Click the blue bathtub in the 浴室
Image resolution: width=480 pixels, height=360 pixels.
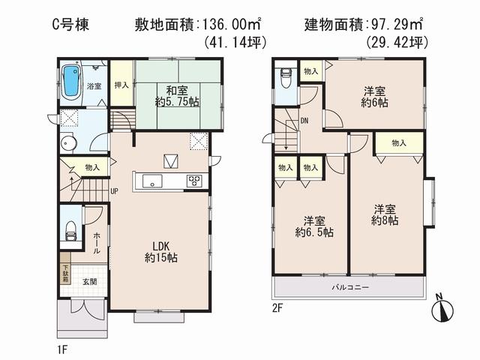point(72,81)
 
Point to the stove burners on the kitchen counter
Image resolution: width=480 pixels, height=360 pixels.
point(193,180)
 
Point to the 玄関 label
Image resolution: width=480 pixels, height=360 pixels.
point(89,281)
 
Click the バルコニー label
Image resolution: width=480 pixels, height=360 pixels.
point(351,288)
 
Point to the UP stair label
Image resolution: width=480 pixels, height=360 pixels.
point(115,191)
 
